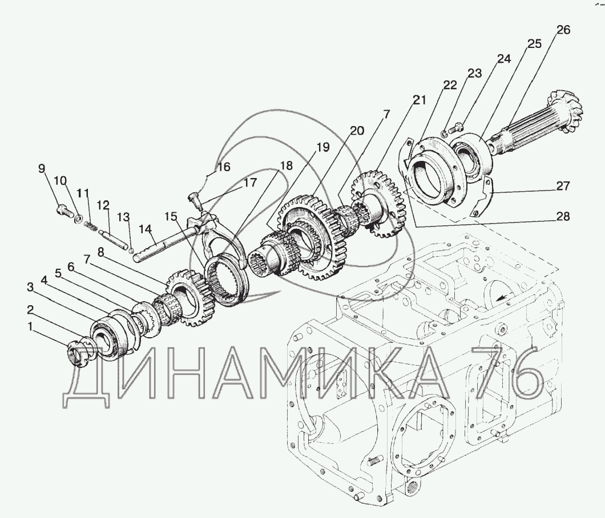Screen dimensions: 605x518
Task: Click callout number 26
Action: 563,30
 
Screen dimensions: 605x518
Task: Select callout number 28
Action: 563,216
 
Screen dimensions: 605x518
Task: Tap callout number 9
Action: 41,168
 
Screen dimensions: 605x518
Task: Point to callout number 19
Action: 323,147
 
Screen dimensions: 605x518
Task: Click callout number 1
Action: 30,326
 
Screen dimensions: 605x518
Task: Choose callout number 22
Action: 450,85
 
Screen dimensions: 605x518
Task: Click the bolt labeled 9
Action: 63,211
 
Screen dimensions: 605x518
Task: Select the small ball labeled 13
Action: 131,251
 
